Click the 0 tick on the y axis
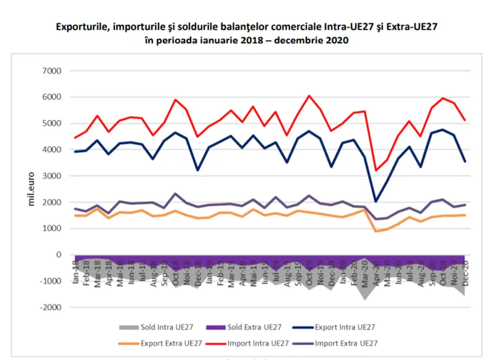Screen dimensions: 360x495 pos(59,255)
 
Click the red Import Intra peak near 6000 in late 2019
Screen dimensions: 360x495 pos(309,96)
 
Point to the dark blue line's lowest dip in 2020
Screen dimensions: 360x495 pos(376,201)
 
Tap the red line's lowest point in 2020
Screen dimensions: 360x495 pos(376,170)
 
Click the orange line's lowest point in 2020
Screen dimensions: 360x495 pos(376,231)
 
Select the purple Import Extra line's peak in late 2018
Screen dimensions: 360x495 pos(176,194)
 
